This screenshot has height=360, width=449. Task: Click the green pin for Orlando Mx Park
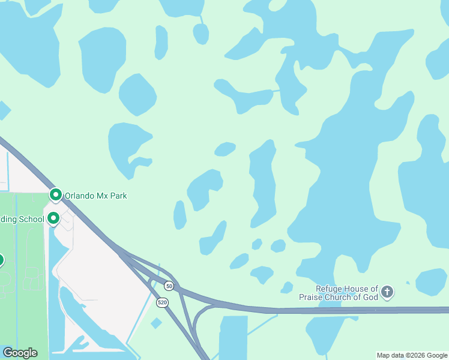click(56, 195)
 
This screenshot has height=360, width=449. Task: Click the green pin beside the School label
click(53, 218)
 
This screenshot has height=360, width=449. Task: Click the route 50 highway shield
click(169, 286)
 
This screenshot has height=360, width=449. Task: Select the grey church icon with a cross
click(387, 293)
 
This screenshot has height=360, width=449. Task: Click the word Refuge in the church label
click(330, 289)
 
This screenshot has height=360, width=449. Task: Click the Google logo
click(20, 353)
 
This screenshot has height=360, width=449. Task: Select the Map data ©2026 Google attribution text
click(412, 356)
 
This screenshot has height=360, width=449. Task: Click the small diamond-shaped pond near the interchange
click(156, 323)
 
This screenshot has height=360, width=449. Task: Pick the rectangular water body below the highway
click(233, 337)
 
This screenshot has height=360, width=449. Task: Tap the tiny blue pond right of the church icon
click(408, 283)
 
